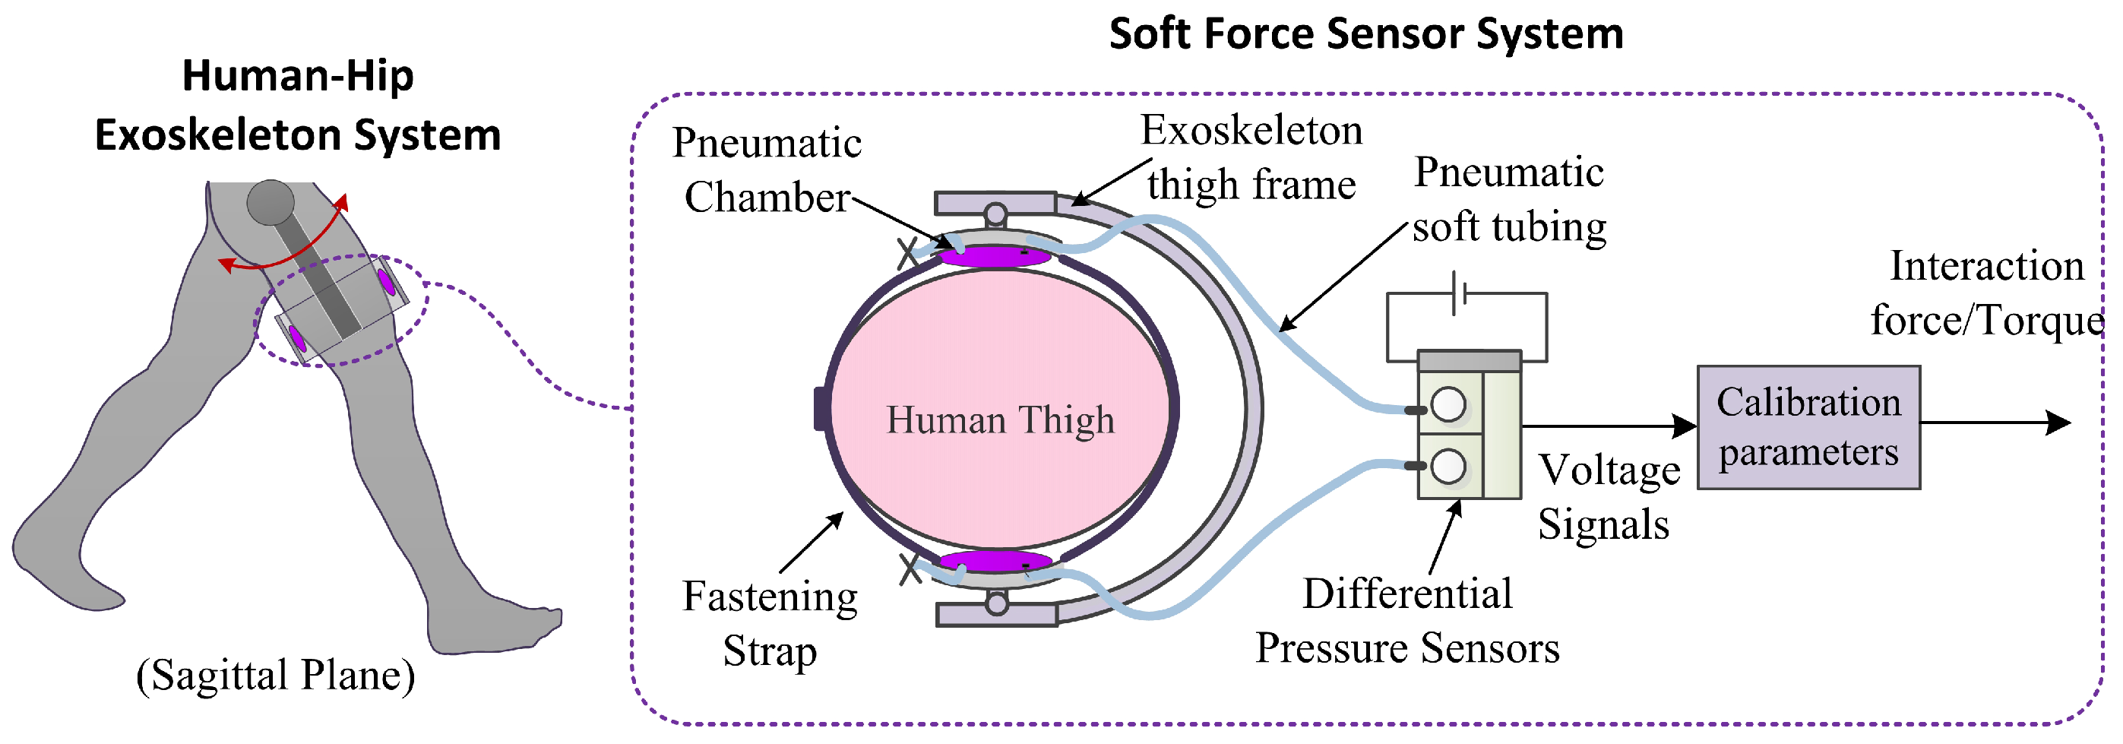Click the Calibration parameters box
pyautogui.click(x=1808, y=428)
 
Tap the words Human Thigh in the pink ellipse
pyautogui.click(x=1000, y=420)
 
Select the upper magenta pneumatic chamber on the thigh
pyautogui.click(x=995, y=256)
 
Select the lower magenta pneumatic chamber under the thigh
pyautogui.click(x=995, y=562)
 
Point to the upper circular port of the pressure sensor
pyautogui.click(x=1448, y=404)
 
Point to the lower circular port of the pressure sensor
pyautogui.click(x=1448, y=467)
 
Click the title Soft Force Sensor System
pyautogui.click(x=1365, y=35)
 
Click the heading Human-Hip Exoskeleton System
pyautogui.click(x=298, y=105)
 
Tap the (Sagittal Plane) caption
pyautogui.click(x=275, y=675)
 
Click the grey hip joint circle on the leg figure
pyautogui.click(x=271, y=202)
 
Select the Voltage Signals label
pyautogui.click(x=1607, y=497)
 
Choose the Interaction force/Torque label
pyautogui.click(x=1986, y=293)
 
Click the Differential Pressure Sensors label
pyautogui.click(x=1406, y=620)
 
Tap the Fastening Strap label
pyautogui.click(x=770, y=623)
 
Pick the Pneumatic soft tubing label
pyautogui.click(x=1508, y=199)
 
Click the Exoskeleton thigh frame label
pyautogui.click(x=1251, y=157)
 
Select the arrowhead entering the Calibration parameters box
pyautogui.click(x=1685, y=426)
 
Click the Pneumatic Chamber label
pyautogui.click(x=767, y=169)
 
